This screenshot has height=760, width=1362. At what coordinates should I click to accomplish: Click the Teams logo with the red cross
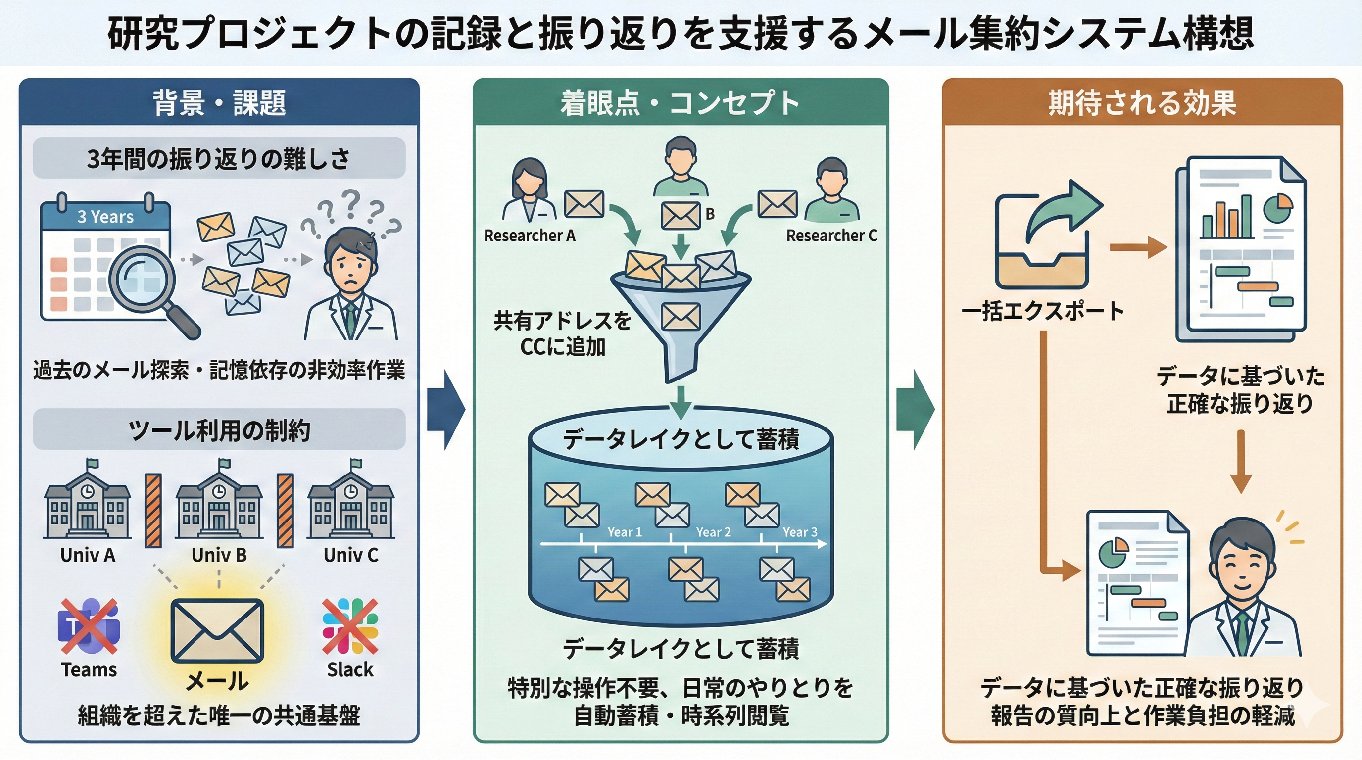(x=89, y=626)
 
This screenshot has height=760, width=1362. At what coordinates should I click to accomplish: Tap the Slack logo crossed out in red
(x=350, y=626)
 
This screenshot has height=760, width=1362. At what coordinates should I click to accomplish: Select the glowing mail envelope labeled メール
(x=217, y=630)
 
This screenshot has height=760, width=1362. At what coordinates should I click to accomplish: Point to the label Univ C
(x=350, y=555)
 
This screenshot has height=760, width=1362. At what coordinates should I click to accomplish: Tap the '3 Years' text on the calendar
(x=105, y=217)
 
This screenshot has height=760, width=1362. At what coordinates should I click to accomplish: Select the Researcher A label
(x=529, y=235)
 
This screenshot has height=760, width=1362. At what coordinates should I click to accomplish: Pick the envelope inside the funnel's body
(x=681, y=316)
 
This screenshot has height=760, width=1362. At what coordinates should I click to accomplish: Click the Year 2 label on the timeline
(x=713, y=532)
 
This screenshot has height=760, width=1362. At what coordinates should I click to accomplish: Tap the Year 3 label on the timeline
(x=799, y=532)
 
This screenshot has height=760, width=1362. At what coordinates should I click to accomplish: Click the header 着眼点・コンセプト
(x=681, y=102)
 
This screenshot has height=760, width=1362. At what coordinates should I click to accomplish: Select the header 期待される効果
(x=1142, y=102)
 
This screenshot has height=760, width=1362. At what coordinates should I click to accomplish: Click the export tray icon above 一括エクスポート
(x=1042, y=238)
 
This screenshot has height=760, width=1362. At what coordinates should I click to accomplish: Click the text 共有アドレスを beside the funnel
(x=562, y=321)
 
